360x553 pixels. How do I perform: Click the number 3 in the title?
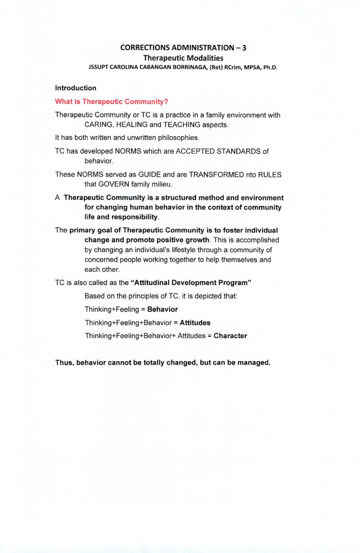pyautogui.click(x=244, y=48)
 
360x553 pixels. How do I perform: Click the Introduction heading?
pyautogui.click(x=76, y=88)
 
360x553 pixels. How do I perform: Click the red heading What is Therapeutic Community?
pyautogui.click(x=111, y=102)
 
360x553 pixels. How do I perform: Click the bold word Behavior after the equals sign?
pyautogui.click(x=162, y=309)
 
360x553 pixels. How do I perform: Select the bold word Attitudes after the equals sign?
pyautogui.click(x=195, y=323)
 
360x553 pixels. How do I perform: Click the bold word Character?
pyautogui.click(x=230, y=336)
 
